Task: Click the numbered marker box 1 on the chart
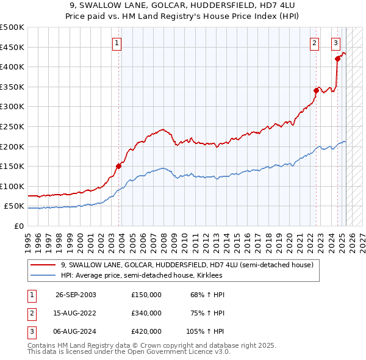tap(117, 43)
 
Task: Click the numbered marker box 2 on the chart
tap(314, 43)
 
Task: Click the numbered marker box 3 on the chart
tap(335, 43)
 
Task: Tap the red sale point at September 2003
tap(119, 165)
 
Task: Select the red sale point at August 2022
tap(317, 90)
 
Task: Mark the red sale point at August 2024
tap(337, 59)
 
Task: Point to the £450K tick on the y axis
tap(12, 47)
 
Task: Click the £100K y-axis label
tap(12, 186)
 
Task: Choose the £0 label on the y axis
tap(18, 226)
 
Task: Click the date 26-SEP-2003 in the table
tap(76, 295)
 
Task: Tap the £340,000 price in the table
tap(146, 313)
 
